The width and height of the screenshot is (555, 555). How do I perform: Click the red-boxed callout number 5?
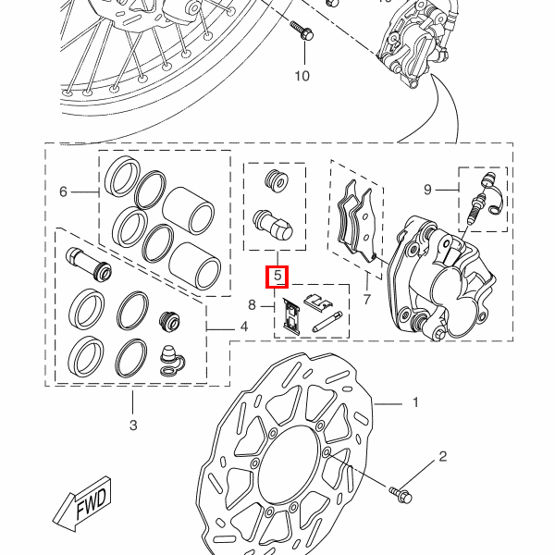pos(277,276)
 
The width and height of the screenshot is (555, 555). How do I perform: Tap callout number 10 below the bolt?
pos(302,76)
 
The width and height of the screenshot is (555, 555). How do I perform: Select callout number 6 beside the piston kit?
pos(63,191)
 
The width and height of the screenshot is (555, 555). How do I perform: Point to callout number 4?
pos(244,327)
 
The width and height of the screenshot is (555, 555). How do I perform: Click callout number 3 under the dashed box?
pos(133,425)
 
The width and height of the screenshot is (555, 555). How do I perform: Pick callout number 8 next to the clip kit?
pos(252,304)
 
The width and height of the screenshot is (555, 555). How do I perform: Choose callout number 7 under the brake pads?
pos(366,300)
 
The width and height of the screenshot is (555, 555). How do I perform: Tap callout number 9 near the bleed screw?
pos(427,190)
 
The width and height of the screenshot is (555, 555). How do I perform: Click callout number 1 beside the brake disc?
pos(415,402)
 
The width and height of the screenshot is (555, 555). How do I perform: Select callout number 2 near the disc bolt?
pos(443,457)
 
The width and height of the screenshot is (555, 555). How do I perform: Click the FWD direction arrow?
pos(83,503)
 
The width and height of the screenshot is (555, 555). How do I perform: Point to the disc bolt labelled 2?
pos(401,495)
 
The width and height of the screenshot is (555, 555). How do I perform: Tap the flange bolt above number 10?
pos(302,31)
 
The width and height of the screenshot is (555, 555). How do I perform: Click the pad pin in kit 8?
pos(327,321)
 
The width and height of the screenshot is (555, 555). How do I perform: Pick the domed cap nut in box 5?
pos(273,226)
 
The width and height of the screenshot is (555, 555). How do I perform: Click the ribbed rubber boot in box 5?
pos(277,181)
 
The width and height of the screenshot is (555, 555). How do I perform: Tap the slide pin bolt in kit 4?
pos(89,264)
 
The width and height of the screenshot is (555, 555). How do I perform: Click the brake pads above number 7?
pos(356,221)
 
